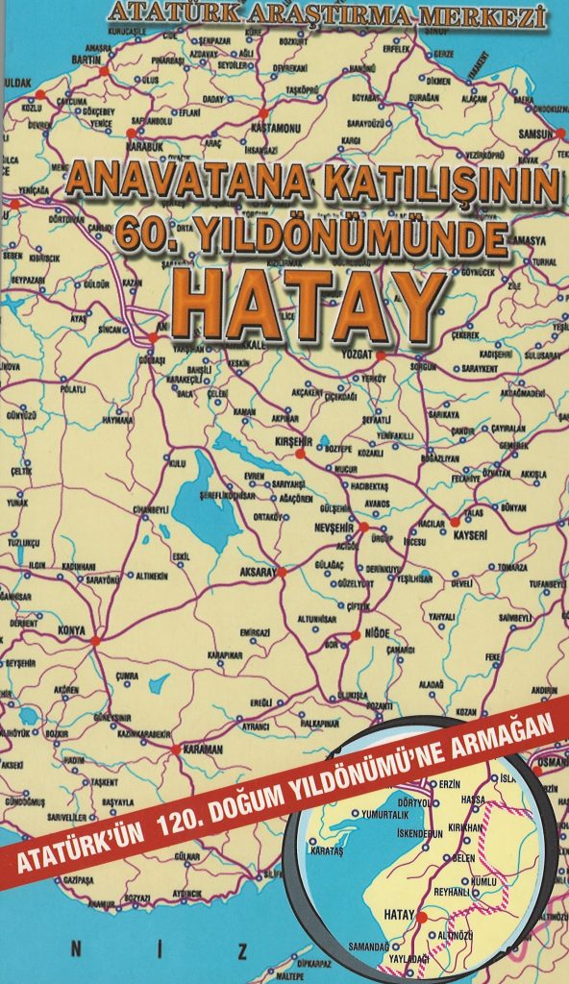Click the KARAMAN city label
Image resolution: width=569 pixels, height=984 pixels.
pos(204,749)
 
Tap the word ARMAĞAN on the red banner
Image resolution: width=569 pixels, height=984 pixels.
pos(511,747)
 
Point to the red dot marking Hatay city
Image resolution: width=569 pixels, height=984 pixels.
pos(421,918)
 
